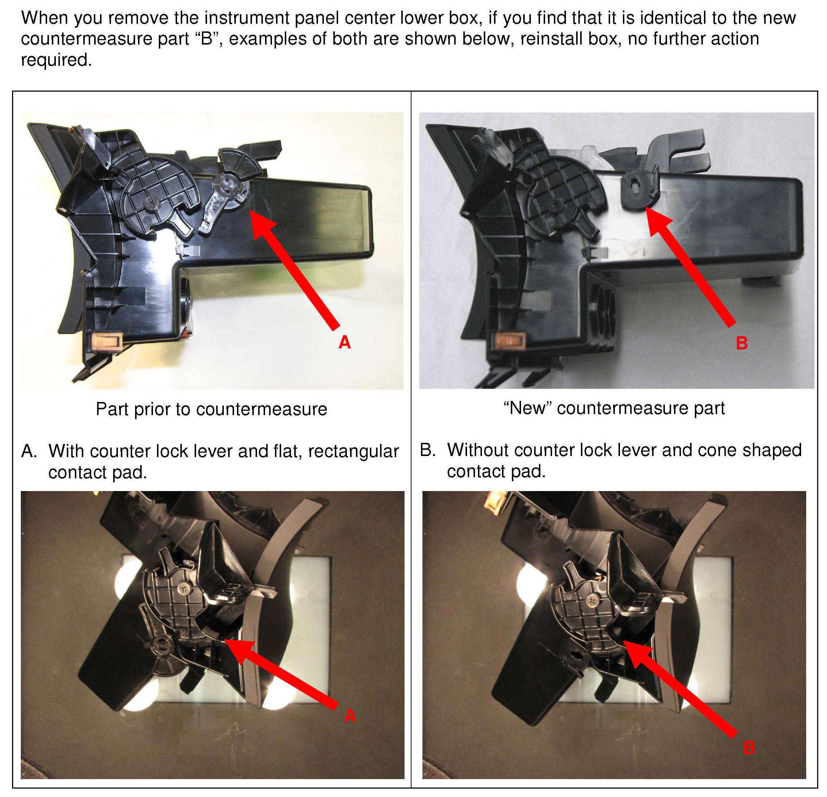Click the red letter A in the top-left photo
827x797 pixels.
[x=345, y=342]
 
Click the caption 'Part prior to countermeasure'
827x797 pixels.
[x=211, y=409]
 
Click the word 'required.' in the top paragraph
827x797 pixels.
[x=56, y=60]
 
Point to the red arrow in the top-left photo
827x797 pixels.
[x=294, y=269]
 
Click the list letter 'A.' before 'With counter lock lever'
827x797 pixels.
[x=29, y=451]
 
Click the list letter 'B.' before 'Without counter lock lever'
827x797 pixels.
[x=428, y=450]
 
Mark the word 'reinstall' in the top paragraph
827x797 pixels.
[x=549, y=39]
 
